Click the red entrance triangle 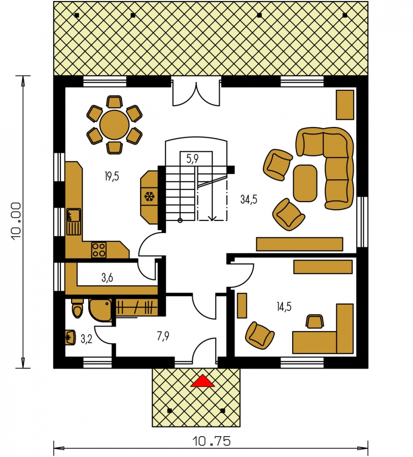(203, 381)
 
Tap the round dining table (114, 125)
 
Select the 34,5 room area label (249, 200)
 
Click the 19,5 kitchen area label (112, 176)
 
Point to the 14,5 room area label (284, 307)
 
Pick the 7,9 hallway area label (163, 336)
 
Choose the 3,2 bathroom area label (86, 339)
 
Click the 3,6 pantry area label (107, 278)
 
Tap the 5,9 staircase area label (192, 159)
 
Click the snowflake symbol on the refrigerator (149, 197)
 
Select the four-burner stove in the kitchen (99, 250)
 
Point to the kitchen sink (74, 221)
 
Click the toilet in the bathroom (78, 309)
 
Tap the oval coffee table (305, 183)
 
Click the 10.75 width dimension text (212, 441)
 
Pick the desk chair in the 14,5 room (315, 321)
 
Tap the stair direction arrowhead (212, 217)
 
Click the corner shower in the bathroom (100, 310)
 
